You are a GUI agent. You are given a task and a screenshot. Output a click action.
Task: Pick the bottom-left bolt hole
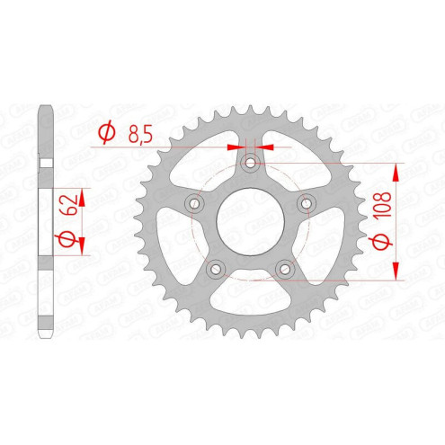coord(215,269)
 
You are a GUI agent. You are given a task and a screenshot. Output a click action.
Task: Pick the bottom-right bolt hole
coord(285,269)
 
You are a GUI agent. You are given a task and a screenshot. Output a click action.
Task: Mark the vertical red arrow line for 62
coord(81,219)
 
